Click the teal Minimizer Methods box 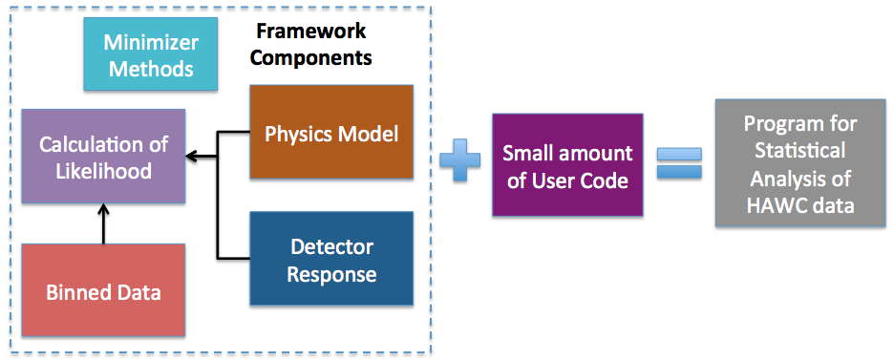(x=151, y=54)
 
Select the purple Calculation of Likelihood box (x=103, y=156)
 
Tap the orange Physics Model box (x=331, y=132)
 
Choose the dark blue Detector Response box (x=331, y=259)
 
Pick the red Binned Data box (x=103, y=290)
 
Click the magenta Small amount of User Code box (x=568, y=164)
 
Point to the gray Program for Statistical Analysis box (x=800, y=163)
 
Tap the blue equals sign (x=679, y=163)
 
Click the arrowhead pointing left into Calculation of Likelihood (x=192, y=156)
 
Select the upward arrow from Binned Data (x=103, y=223)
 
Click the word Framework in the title (x=310, y=31)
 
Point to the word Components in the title (x=312, y=57)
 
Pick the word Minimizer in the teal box (x=151, y=42)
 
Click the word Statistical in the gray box (x=800, y=151)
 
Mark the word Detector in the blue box (x=331, y=246)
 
